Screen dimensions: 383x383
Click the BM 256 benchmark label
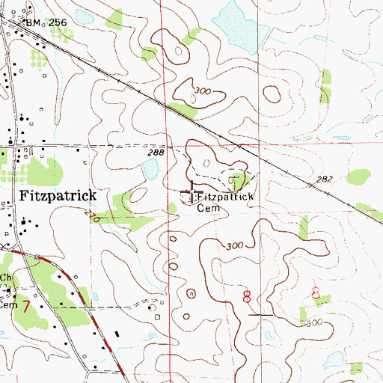pyautogui.click(x=46, y=23)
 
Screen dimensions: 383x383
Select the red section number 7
pyautogui.click(x=26, y=307)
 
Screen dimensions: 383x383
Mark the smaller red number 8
pyautogui.click(x=316, y=294)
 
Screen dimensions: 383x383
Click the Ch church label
pyautogui.click(x=7, y=277)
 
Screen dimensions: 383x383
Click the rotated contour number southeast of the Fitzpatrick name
pyautogui.click(x=93, y=216)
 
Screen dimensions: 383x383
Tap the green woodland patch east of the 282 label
pyautogui.click(x=361, y=177)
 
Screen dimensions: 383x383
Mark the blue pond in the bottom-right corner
pyautogui.click(x=357, y=367)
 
